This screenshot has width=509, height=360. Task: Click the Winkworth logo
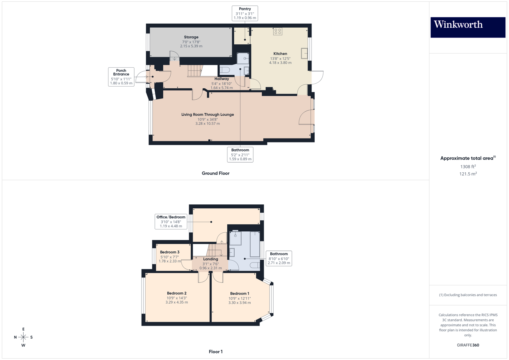pyautogui.click(x=468, y=27)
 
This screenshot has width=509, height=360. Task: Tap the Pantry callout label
pyautogui.click(x=245, y=13)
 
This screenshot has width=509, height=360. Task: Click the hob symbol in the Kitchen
pyautogui.click(x=278, y=32)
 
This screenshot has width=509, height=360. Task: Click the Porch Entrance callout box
pyautogui.click(x=121, y=77)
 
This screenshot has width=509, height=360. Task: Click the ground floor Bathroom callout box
pyautogui.click(x=240, y=155)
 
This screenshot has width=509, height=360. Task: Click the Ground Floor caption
pyautogui.click(x=215, y=173)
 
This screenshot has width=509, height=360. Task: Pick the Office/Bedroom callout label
pyautogui.click(x=171, y=221)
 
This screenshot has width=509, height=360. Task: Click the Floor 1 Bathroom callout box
pyautogui.click(x=279, y=258)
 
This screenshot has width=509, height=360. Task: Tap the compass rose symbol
pyautogui.click(x=23, y=337)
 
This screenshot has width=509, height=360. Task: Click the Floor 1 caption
pyautogui.click(x=215, y=352)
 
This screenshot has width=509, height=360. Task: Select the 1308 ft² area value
pyautogui.click(x=468, y=167)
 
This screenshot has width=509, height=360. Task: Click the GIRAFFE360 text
pyautogui.click(x=468, y=345)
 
